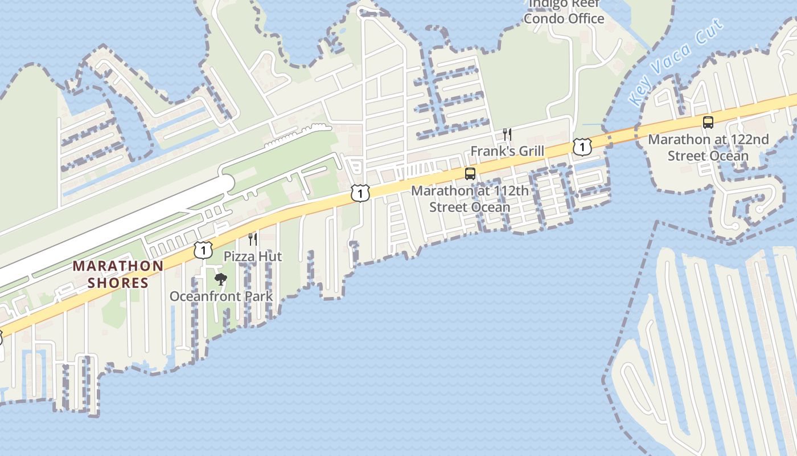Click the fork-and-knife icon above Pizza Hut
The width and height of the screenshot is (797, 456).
click(253, 239)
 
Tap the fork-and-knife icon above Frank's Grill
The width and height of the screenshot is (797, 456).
click(507, 135)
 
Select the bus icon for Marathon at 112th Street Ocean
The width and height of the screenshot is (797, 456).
click(470, 174)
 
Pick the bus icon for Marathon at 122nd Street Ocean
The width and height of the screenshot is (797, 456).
click(708, 122)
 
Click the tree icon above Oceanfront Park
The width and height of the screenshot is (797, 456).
click(221, 279)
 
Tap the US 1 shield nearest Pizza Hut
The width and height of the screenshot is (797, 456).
click(203, 250)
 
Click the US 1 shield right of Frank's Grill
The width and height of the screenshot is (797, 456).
click(581, 148)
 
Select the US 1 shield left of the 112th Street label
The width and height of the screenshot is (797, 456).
click(360, 193)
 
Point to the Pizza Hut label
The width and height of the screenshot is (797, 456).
click(252, 256)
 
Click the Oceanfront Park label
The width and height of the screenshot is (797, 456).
click(221, 296)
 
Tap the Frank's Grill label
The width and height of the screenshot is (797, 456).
click(507, 152)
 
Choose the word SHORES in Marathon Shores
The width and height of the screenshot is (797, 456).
click(118, 282)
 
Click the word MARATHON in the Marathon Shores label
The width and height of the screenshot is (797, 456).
click(118, 266)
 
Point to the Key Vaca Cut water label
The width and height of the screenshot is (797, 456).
click(676, 63)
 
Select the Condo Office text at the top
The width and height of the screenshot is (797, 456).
click(564, 18)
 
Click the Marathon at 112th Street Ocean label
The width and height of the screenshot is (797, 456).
click(470, 198)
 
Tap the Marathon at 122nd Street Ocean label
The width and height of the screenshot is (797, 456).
click(708, 147)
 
